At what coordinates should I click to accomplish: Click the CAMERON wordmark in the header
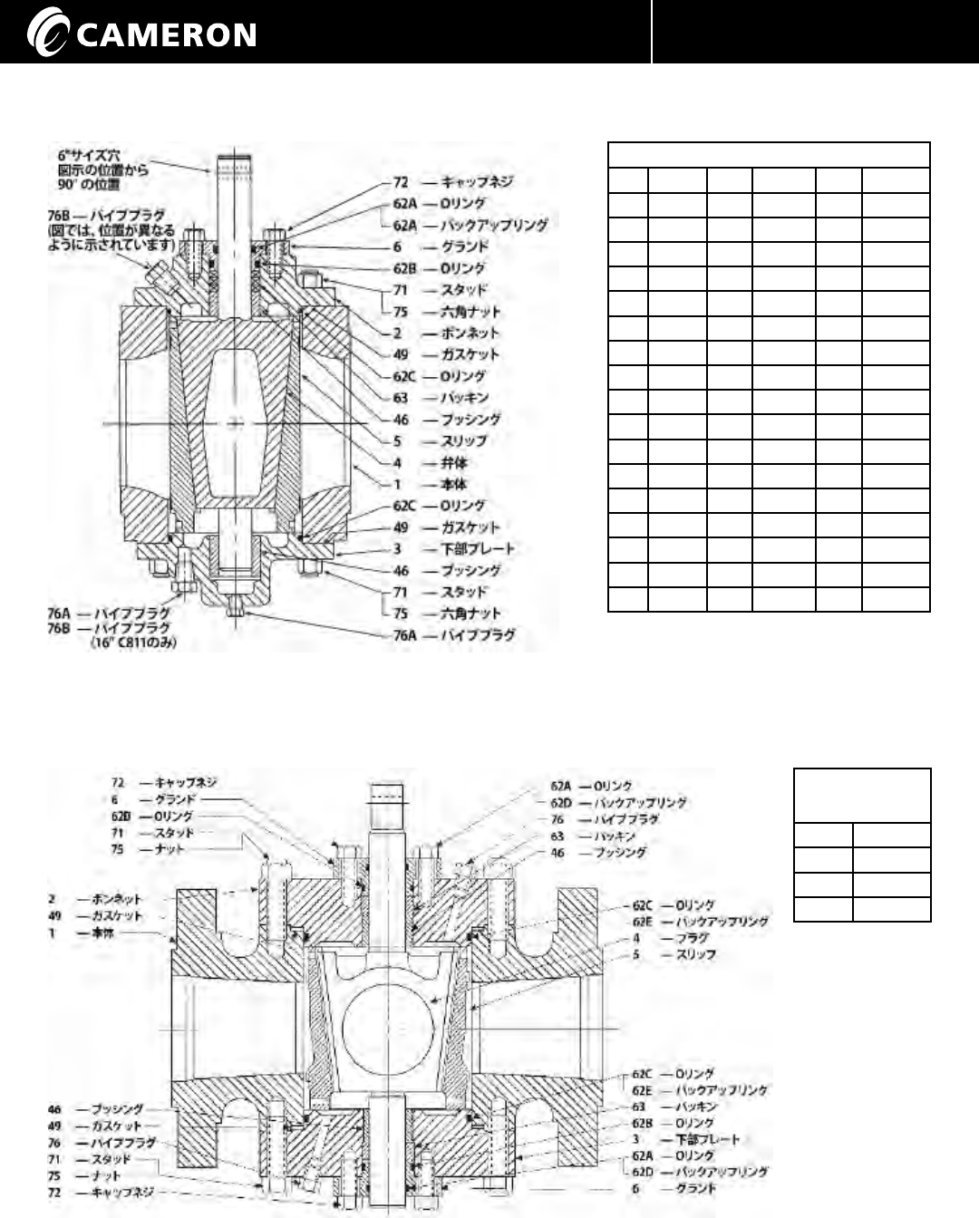[168, 34]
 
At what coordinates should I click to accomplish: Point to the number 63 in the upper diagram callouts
[401, 398]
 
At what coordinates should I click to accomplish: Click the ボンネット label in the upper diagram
[470, 333]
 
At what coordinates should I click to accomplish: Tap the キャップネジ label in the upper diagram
[476, 181]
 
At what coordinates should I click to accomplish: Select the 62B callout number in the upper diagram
[404, 268]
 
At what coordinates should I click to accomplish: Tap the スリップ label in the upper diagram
[463, 441]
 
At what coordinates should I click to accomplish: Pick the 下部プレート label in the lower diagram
[703, 1139]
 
